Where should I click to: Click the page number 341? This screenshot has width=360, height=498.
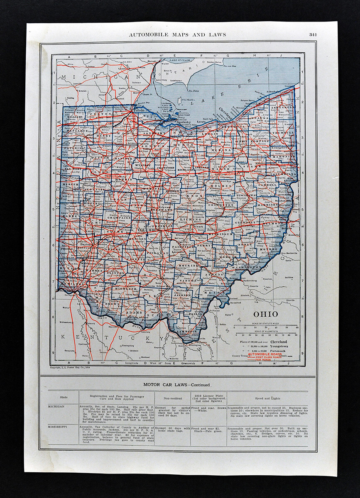(x=313, y=34)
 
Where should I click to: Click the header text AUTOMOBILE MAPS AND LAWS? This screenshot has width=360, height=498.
(x=177, y=34)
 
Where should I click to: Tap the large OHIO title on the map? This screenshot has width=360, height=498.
(x=266, y=314)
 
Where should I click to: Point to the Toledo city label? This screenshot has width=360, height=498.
(x=139, y=112)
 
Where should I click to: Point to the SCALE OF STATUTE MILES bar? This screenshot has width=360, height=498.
(x=266, y=326)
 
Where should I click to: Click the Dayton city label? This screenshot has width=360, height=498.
(x=86, y=245)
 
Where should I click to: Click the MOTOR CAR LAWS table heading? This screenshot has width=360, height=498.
(x=176, y=385)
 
